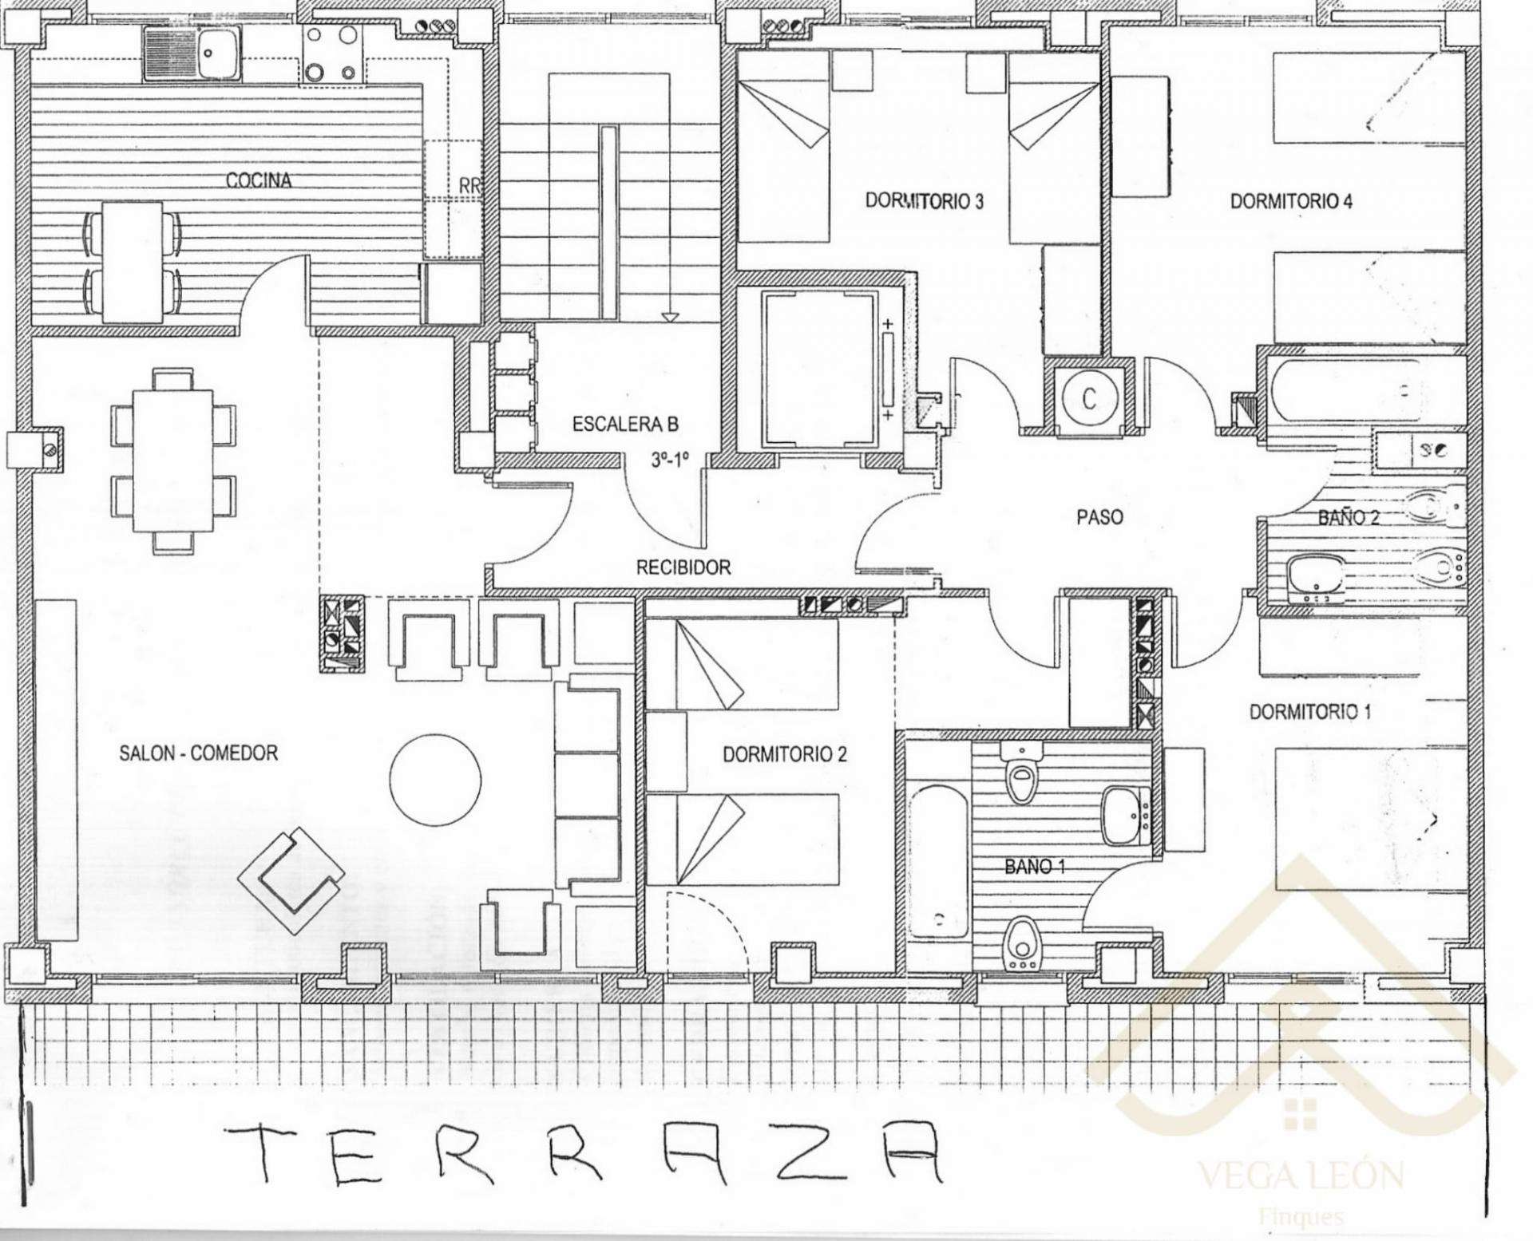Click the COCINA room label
[259, 180]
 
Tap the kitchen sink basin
[219, 53]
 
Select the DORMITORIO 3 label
[925, 201]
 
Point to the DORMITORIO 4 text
[1291, 201]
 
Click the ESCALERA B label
[625, 425]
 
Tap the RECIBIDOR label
[683, 567]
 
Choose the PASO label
[1099, 517]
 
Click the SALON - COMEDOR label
[199, 753]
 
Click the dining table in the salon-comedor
[173, 460]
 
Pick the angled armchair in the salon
[291, 880]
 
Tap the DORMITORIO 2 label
[785, 754]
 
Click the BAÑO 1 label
[1035, 866]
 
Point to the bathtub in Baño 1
[938, 861]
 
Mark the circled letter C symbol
[1089, 398]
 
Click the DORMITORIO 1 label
[1310, 711]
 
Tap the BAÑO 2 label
[1349, 517]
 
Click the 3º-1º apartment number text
[669, 460]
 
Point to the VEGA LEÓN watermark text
[1301, 1176]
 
